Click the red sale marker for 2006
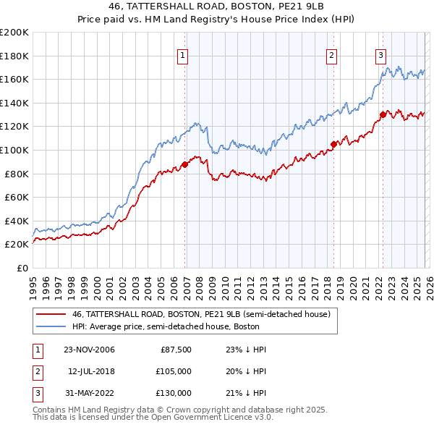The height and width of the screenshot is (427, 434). pos(185,164)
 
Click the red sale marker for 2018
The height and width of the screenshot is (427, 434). pos(333,144)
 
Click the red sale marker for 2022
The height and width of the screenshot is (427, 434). pos(383,114)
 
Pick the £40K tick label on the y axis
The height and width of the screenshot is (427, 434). pos(15,221)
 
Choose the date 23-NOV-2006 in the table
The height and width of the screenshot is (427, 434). pos(89,350)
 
